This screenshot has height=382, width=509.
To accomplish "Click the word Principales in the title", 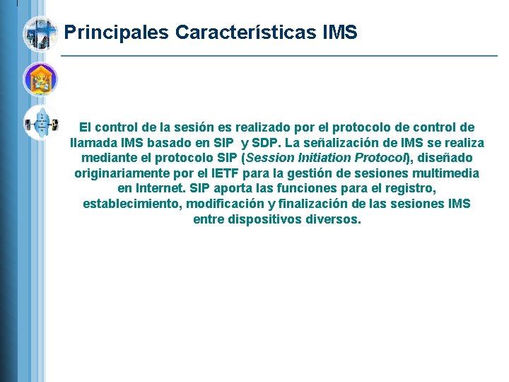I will click(117, 33).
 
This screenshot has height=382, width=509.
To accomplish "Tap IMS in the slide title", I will click(339, 33).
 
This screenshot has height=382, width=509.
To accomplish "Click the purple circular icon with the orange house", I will click(40, 79).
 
